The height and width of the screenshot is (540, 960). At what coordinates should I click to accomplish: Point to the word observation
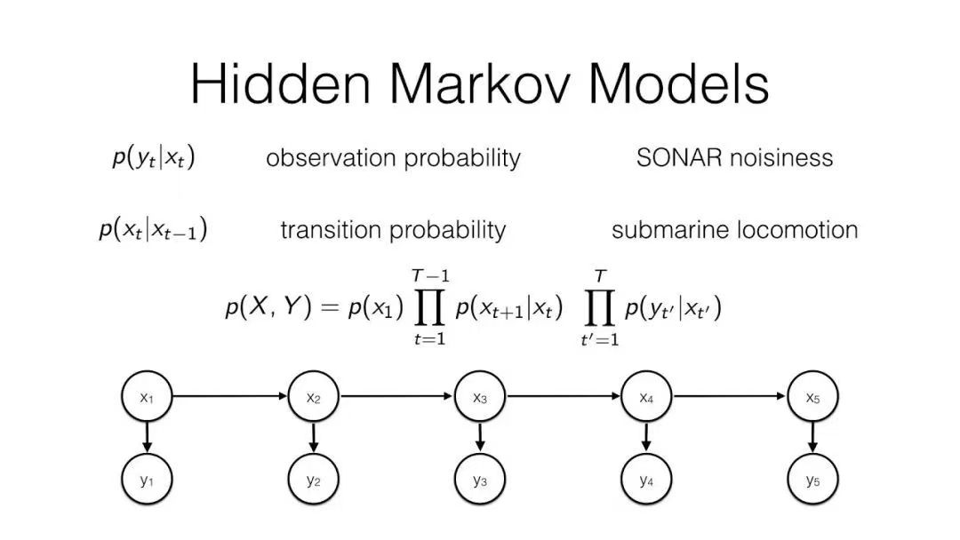[331, 158]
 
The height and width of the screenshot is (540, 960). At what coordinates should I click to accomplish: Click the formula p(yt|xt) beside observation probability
[154, 158]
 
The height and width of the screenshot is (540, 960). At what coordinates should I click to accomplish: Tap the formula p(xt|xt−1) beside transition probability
[153, 230]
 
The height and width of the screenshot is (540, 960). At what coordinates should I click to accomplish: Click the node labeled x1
[147, 396]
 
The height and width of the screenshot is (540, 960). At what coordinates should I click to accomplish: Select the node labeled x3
[480, 396]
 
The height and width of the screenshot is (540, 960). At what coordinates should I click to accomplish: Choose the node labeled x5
[812, 396]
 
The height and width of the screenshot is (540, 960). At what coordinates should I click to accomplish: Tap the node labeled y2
[314, 479]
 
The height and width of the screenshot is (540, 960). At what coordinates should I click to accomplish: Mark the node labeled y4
[646, 479]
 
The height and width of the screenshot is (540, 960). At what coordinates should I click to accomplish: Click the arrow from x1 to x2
[230, 396]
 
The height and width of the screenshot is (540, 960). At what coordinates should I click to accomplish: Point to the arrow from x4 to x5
[729, 396]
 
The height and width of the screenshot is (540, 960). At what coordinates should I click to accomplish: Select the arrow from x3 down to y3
[480, 437]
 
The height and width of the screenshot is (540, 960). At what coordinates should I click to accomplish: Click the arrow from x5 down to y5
[812, 437]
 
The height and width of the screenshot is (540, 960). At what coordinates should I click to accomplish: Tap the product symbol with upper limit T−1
[429, 307]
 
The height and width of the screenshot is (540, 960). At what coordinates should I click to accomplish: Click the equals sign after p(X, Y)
[330, 307]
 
